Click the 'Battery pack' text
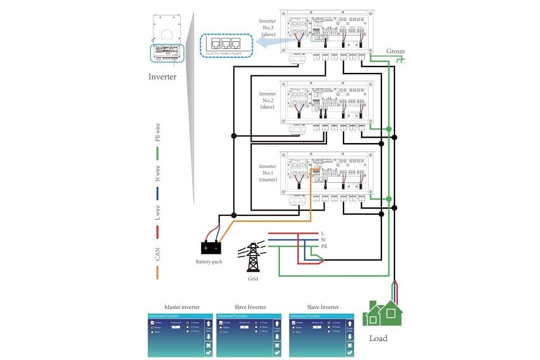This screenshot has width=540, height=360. click(x=209, y=261)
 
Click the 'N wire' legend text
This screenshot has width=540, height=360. click(x=157, y=173)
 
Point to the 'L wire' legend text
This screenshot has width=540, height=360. click(x=157, y=213)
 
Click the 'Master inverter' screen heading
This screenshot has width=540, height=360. click(x=182, y=307)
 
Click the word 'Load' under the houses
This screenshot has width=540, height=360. click(x=378, y=338)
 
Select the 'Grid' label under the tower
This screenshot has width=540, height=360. click(x=253, y=279)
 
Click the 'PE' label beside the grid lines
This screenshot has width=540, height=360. click(x=324, y=247)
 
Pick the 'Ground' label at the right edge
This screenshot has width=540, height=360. click(x=395, y=51)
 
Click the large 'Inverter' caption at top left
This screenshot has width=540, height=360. click(x=162, y=76)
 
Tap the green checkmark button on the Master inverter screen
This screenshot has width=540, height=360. click(x=208, y=353)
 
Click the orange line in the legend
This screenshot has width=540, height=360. click(x=157, y=272)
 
